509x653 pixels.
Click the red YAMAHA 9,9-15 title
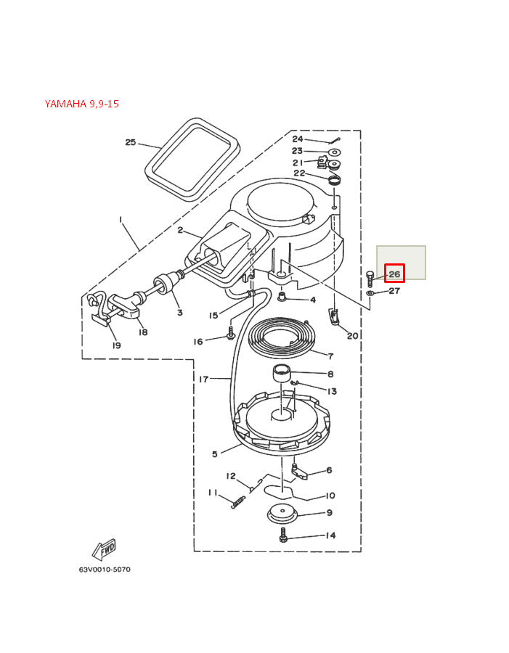(81, 104)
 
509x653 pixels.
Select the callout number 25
(131, 142)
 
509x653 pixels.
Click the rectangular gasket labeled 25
(192, 158)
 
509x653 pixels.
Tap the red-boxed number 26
(394, 274)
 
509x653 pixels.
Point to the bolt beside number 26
(370, 278)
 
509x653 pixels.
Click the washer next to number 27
(370, 293)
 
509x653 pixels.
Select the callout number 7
(330, 356)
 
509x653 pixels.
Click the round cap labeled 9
(282, 514)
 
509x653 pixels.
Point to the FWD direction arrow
(104, 549)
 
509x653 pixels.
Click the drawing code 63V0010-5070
(105, 570)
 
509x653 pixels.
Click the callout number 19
(116, 345)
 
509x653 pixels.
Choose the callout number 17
(203, 379)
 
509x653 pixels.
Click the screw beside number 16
(230, 334)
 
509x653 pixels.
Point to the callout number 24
(298, 139)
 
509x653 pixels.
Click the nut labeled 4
(282, 297)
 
